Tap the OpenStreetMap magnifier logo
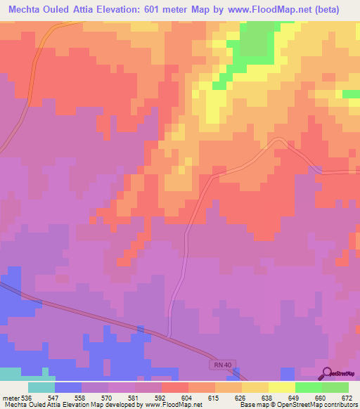328,372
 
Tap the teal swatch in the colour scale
41,387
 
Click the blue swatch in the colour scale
67,387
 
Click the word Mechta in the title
25,10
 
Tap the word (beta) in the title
337,10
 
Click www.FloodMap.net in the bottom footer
174,405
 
